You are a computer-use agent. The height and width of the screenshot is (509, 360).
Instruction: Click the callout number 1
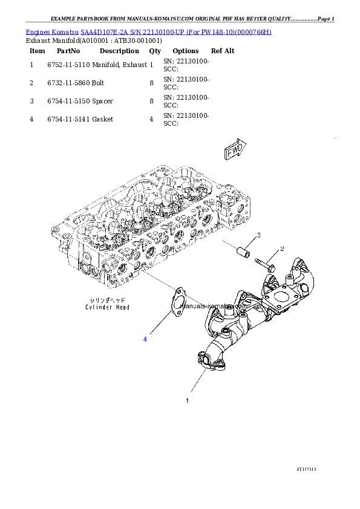(x=187, y=400)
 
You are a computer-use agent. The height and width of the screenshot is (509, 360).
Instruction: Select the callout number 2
(x=281, y=249)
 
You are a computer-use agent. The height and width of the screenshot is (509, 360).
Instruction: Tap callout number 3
(x=258, y=235)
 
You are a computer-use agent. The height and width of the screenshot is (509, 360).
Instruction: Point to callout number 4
(x=145, y=340)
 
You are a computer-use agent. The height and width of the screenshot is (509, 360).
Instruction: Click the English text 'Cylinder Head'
(x=107, y=307)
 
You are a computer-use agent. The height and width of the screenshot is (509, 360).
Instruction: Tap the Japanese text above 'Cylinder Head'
(x=107, y=300)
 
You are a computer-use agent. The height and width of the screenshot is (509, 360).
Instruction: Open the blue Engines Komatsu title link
(x=148, y=31)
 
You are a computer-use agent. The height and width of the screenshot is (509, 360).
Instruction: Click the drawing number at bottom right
(x=306, y=469)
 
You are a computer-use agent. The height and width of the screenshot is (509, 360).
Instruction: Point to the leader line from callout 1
(x=197, y=383)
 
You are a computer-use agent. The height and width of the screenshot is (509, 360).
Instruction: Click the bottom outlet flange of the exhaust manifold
(x=209, y=361)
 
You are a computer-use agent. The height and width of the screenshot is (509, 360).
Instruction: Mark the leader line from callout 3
(x=250, y=241)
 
